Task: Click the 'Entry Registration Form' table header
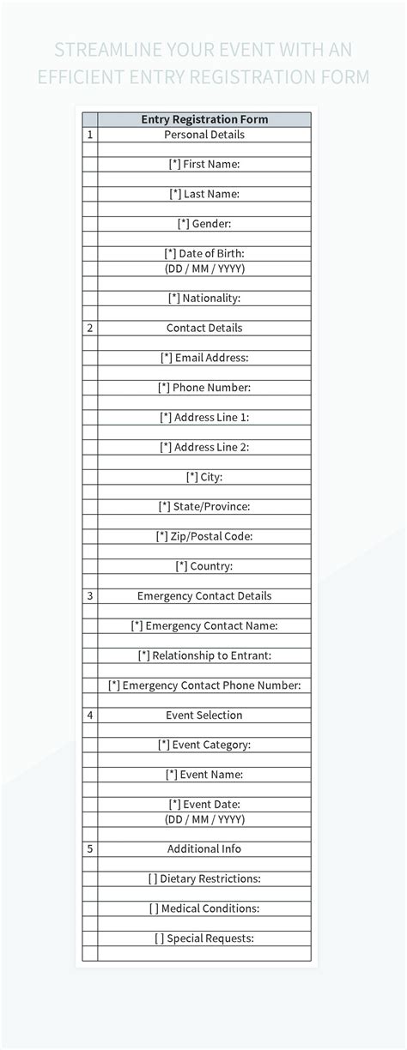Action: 204,119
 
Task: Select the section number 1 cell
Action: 90,135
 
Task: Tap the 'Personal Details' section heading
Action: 204,135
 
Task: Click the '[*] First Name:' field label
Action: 204,164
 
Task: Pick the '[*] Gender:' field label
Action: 204,223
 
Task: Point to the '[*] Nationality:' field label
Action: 204,298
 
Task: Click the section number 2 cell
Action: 90,328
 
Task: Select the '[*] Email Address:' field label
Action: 204,358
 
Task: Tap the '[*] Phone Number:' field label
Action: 204,388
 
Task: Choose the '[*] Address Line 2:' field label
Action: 204,447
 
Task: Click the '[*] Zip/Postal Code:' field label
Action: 204,536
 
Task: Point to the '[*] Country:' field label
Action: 204,566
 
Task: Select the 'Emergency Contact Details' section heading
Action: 204,595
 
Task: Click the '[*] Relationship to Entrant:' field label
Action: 204,655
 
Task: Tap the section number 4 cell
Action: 90,715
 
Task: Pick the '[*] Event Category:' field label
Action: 204,745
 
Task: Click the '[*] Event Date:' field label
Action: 204,804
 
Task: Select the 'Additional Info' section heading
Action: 204,848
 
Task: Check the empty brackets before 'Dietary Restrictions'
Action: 153,878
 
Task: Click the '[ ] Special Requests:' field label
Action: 204,938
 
